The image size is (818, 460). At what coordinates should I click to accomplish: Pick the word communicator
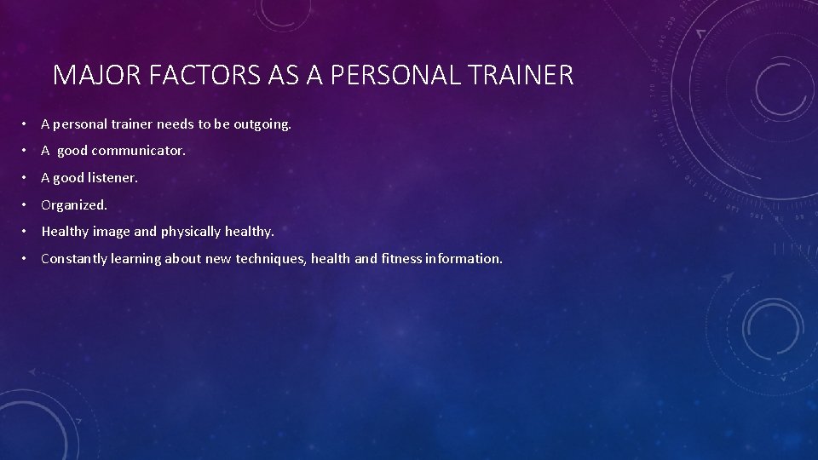pos(138,151)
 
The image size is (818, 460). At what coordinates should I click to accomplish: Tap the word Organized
pos(74,204)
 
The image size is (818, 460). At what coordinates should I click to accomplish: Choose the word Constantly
pos(72,258)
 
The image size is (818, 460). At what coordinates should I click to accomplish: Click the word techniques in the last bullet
pos(265,258)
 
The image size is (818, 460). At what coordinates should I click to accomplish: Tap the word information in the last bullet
pos(468,258)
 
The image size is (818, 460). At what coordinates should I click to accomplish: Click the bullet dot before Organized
pos(27,204)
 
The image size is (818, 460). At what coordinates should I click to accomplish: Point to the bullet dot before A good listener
pos(27,178)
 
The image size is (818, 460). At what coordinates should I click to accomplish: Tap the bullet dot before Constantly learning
pos(27,258)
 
